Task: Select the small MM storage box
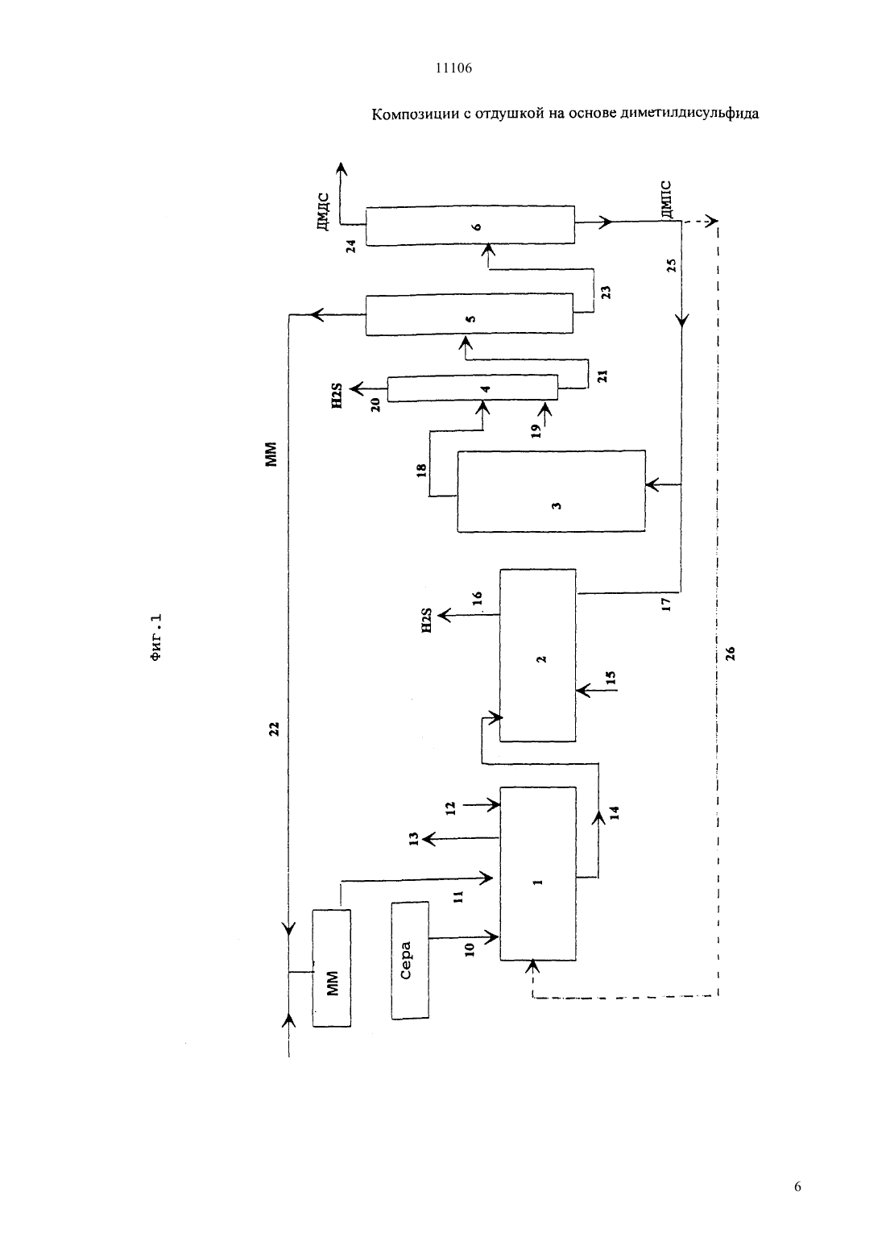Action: [x=332, y=968]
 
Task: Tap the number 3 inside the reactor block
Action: [x=556, y=505]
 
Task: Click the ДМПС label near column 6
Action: [x=665, y=199]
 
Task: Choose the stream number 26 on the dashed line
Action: [x=730, y=654]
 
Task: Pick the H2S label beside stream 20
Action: [x=337, y=395]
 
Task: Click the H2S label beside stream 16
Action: [x=427, y=621]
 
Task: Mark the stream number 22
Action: [x=274, y=729]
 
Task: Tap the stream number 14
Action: [x=614, y=813]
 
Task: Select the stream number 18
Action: [x=422, y=470]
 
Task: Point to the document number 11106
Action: [x=453, y=68]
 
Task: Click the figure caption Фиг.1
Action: [x=156, y=638]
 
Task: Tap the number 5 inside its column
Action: [x=470, y=318]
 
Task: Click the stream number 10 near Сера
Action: [x=470, y=949]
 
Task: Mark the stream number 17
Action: [x=665, y=604]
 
